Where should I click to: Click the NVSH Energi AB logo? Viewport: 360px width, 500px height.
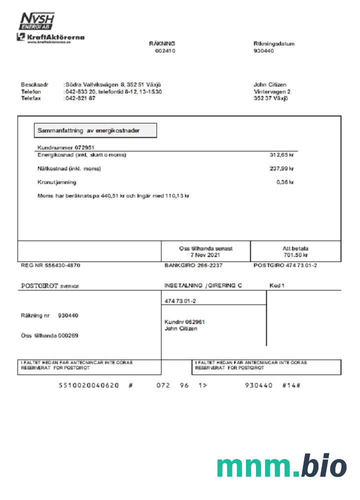pos(36,21)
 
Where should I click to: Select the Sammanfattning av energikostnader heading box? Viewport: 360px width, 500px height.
pos(95,130)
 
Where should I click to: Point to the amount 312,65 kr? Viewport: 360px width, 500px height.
pos(281,155)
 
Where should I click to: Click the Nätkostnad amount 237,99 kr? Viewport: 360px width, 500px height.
pos(281,168)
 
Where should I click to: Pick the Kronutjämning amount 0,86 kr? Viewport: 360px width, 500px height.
pos(285,182)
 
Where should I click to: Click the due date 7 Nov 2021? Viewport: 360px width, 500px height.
pos(205,254)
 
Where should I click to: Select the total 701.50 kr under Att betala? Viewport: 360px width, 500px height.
pos(295,254)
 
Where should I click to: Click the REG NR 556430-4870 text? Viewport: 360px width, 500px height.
pos(50,265)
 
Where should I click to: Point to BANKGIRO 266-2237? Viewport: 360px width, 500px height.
pos(193,265)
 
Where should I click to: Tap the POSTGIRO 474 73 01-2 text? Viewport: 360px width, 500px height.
pos(285,265)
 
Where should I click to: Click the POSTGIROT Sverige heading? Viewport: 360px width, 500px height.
pos(50,286)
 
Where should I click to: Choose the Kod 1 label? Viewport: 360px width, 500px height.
pos(276,285)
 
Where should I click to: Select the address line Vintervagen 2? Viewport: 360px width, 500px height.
pos(271,91)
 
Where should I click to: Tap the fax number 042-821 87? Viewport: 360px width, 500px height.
pos(80,98)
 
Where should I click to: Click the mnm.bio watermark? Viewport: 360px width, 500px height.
pos(281,466)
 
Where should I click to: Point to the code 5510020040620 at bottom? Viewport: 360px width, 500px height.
pos(88,385)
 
